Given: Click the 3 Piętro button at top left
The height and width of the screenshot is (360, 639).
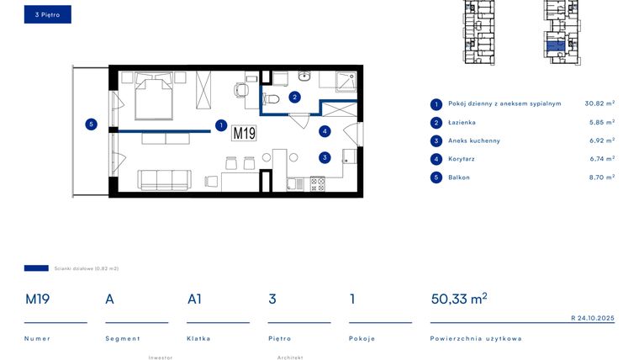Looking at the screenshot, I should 48,14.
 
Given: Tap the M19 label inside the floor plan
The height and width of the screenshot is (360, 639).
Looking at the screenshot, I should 244,133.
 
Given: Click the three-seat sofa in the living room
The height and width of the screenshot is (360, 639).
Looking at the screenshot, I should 165,179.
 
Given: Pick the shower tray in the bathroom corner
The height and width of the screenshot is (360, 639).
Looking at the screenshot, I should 345,82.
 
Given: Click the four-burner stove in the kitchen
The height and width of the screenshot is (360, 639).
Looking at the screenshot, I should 318,183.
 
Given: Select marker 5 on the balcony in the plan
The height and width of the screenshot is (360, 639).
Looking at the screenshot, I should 92,124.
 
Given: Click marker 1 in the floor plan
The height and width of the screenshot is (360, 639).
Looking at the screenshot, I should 220,125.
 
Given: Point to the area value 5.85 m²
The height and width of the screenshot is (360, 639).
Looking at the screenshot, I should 599,122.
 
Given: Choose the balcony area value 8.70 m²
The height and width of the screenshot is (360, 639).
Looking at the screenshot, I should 599,177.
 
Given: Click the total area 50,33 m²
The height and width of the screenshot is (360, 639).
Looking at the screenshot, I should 458,299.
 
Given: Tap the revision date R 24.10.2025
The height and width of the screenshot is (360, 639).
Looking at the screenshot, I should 592,318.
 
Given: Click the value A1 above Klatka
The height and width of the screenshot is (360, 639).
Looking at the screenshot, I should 194,299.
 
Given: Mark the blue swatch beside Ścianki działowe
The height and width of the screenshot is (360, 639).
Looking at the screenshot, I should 36,268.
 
